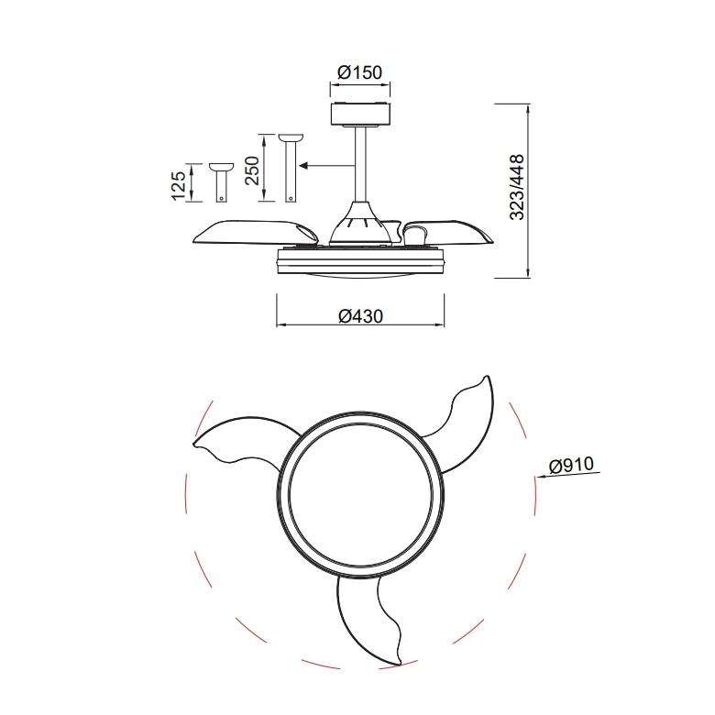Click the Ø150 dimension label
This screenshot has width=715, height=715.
[x=359, y=72]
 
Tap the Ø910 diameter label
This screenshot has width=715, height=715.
[x=573, y=467]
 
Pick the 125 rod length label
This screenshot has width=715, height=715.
[x=179, y=182]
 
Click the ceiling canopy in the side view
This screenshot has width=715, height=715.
[x=359, y=115]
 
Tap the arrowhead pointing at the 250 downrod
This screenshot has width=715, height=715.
[x=306, y=167]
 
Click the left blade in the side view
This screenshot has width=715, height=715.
[x=247, y=232]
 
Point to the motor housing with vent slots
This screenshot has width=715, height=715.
[x=359, y=223]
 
